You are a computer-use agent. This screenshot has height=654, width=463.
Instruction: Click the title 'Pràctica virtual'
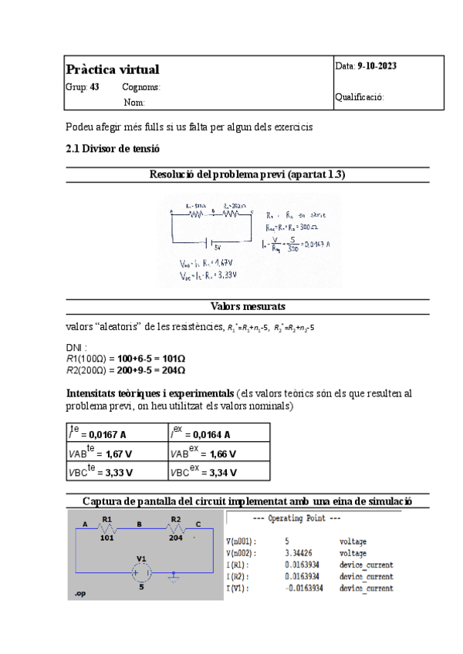[113, 70]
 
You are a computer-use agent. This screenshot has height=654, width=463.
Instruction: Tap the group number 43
[94, 87]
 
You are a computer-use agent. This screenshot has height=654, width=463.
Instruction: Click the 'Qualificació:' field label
[360, 97]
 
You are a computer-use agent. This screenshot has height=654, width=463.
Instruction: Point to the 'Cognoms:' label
[141, 87]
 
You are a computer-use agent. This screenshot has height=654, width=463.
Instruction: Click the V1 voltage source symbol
[141, 571]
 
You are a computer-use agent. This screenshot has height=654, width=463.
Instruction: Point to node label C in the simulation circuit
[198, 522]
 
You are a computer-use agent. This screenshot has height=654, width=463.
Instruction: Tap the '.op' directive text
[79, 595]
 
